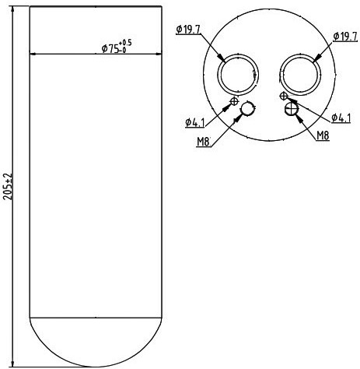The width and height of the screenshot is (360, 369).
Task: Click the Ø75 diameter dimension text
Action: tap(110, 48)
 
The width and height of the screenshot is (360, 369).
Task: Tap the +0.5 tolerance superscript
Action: tap(125, 42)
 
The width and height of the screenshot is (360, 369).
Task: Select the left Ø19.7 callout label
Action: tap(188, 30)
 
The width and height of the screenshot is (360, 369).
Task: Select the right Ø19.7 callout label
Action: tap(345, 37)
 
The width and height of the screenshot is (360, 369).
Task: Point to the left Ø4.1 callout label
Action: tap(195, 122)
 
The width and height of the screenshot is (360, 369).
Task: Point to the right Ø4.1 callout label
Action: tap(341, 118)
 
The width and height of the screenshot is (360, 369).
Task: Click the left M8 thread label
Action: tap(204, 142)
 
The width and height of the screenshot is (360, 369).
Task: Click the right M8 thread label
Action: tap(323, 135)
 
